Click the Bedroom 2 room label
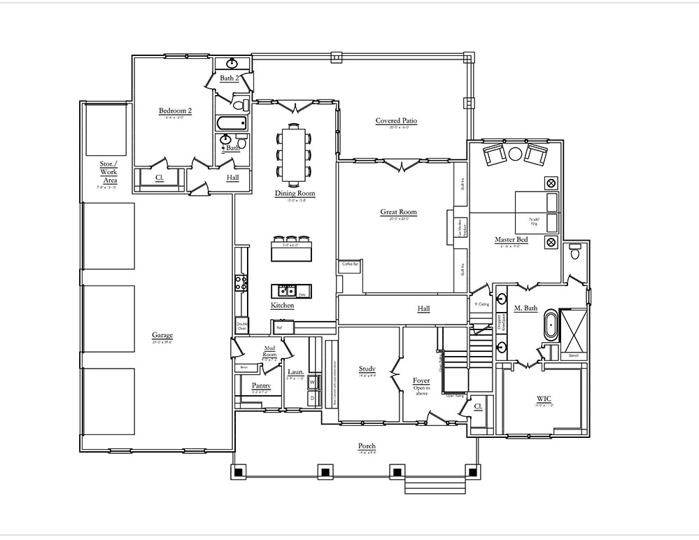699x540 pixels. tap(175, 111)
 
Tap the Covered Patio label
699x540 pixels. tap(396, 121)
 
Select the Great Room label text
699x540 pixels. tap(398, 212)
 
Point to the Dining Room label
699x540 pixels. tap(295, 194)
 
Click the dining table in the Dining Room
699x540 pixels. tap(295, 151)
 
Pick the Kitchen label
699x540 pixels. tap(282, 306)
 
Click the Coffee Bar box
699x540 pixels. tap(350, 265)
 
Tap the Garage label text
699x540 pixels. tap(162, 335)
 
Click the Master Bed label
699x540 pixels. tap(511, 240)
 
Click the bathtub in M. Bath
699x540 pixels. tap(550, 327)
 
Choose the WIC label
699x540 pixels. tap(544, 399)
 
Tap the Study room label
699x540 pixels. tap(367, 369)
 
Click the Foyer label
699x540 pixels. tap(421, 381)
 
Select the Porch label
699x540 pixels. tap(367, 446)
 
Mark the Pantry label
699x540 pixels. tap(261, 385)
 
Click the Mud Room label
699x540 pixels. tap(270, 350)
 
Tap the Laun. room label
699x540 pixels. tap(295, 372)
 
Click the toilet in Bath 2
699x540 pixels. tap(239, 106)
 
